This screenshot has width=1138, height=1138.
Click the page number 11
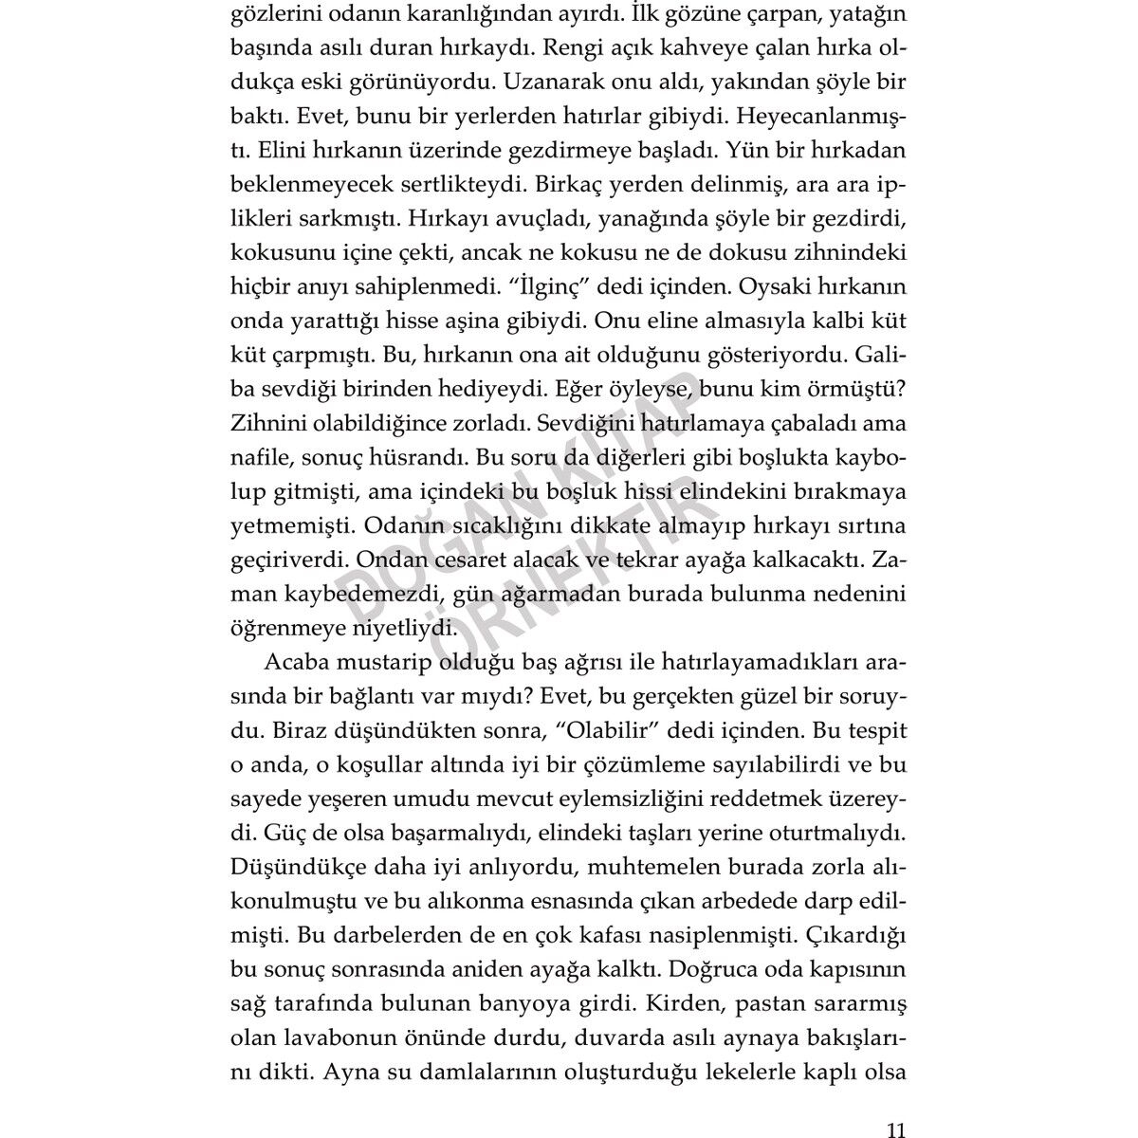895,1104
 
